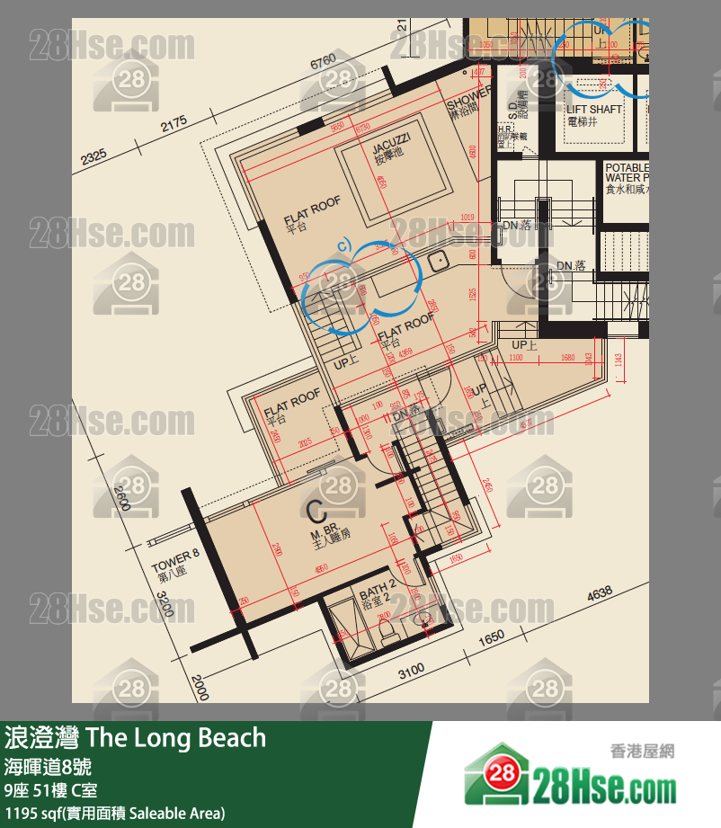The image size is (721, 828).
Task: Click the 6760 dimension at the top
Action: pos(323,61)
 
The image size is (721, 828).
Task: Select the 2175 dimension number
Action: pos(174,122)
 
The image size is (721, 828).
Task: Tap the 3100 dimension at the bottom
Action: pos(411,671)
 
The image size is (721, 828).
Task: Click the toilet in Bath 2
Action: pos(387,633)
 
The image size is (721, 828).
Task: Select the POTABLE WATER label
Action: pos(627,173)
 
